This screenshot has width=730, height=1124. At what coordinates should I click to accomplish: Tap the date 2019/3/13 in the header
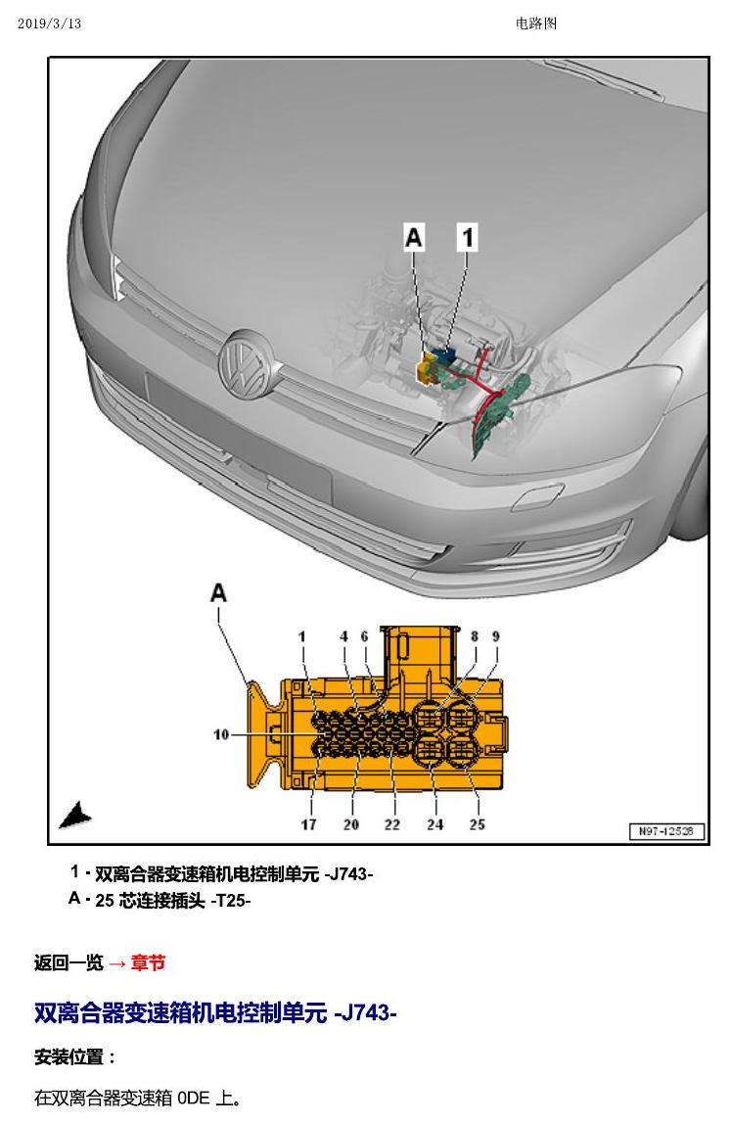pyautogui.click(x=50, y=23)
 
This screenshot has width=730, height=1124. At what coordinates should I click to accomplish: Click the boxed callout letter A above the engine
pyautogui.click(x=414, y=237)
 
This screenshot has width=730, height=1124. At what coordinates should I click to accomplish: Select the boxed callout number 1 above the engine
pyautogui.click(x=468, y=237)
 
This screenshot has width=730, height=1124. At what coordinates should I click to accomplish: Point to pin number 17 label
pyautogui.click(x=309, y=824)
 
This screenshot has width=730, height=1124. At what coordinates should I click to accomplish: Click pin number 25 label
pyautogui.click(x=478, y=824)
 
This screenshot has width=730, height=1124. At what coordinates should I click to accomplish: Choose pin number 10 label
pyautogui.click(x=221, y=734)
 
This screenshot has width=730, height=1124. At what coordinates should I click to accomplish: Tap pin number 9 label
pyautogui.click(x=495, y=636)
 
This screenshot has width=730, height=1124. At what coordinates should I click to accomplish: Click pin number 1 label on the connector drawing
pyautogui.click(x=302, y=636)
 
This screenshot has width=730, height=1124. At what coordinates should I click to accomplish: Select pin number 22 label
pyautogui.click(x=391, y=824)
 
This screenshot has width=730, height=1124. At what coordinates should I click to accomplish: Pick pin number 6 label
pyautogui.click(x=364, y=636)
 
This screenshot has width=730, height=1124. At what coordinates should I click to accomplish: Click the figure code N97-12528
pyautogui.click(x=666, y=831)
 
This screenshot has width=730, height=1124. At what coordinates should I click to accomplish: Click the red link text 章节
pyautogui.click(x=148, y=962)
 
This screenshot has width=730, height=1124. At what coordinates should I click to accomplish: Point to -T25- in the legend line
pyautogui.click(x=230, y=901)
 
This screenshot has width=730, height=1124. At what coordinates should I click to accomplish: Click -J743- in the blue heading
pyautogui.click(x=365, y=1013)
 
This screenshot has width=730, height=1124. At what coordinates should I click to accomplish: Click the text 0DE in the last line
pyautogui.click(x=194, y=1098)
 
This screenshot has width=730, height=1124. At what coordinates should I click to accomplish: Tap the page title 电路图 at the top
pyautogui.click(x=536, y=23)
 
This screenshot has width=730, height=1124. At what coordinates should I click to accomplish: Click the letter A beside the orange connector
pyautogui.click(x=218, y=592)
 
